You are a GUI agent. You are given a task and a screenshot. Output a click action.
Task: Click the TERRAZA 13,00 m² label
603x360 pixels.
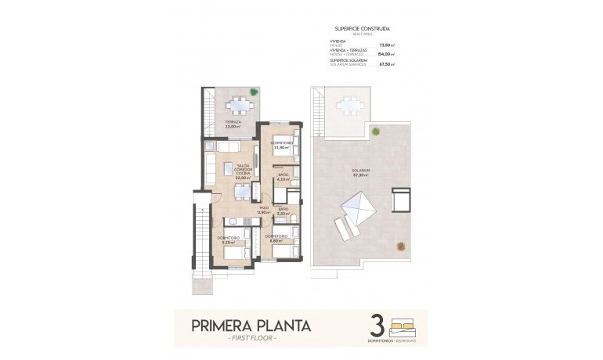(233, 124)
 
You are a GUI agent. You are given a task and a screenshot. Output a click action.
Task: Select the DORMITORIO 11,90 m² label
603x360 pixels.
(281, 146)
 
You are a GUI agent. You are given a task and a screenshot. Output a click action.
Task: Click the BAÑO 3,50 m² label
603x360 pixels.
(283, 211)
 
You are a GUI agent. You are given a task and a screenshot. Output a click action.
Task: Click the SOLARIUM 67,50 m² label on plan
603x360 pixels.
(361, 172)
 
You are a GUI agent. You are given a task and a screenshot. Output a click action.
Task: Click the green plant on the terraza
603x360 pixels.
(254, 92)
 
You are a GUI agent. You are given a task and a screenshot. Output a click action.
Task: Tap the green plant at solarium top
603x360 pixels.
(376, 131)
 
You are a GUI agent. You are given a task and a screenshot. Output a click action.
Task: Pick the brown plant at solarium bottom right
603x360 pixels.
(401, 247)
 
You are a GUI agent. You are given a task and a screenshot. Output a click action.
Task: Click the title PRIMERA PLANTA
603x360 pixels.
(252, 325)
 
